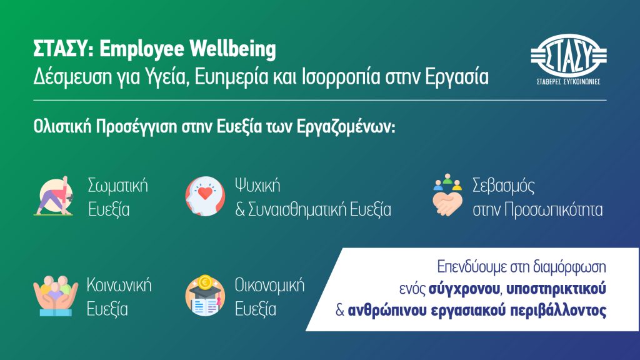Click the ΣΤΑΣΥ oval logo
tap(569, 55)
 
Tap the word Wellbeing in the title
tap(232, 49)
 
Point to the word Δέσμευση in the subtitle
tap(72, 76)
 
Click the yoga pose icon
tap(54, 196)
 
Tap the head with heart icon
tap(205, 196)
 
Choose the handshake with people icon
tap(447, 195)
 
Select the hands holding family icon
tap(56, 296)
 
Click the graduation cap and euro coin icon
tap(205, 296)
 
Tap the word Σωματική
tap(118, 186)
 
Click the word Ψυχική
tap(257, 186)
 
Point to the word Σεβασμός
tap(503, 186)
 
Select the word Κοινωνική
tap(119, 285)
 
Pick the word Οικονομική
tap(269, 285)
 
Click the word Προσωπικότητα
tap(554, 210)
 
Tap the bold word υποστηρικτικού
tap(556, 289)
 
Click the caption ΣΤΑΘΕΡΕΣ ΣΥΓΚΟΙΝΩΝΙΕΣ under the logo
tap(569, 82)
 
